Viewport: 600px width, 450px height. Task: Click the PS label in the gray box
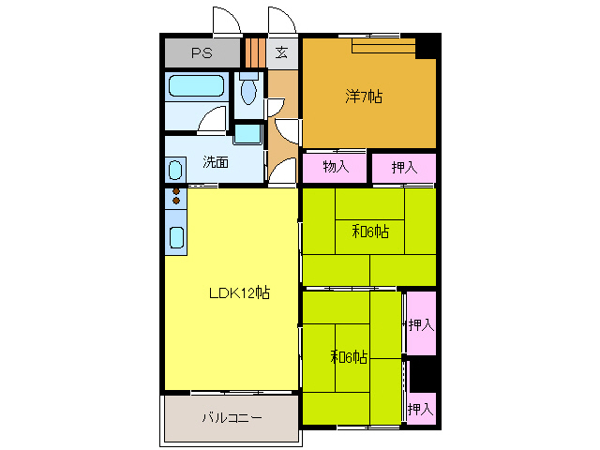tap(202, 52)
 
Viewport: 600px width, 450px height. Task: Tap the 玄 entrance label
tap(281, 52)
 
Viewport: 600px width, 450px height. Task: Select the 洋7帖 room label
tap(364, 97)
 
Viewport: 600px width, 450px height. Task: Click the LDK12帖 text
tap(240, 292)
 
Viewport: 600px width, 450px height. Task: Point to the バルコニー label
tap(232, 417)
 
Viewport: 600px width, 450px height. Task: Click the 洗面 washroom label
tap(216, 162)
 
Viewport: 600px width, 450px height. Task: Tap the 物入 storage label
tap(336, 167)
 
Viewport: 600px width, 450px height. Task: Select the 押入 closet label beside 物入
tap(404, 167)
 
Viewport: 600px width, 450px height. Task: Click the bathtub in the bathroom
tap(196, 85)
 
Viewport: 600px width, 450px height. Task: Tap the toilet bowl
tap(248, 92)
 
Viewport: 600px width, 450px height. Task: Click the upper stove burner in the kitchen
tap(176, 191)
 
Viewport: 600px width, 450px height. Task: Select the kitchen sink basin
tap(176, 237)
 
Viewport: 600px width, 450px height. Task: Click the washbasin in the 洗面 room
tap(175, 170)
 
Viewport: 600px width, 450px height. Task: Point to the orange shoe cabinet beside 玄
tap(255, 52)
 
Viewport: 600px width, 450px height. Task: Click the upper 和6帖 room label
tap(370, 232)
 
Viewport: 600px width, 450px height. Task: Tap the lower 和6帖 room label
tap(349, 357)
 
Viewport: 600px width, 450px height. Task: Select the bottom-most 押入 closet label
tap(420, 409)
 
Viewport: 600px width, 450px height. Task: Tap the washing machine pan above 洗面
tap(247, 134)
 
